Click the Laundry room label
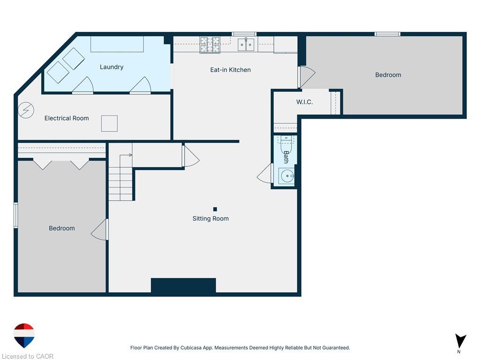click(x=112, y=67)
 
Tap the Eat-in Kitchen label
click(x=230, y=70)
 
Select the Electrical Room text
click(x=67, y=118)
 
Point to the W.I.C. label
click(x=304, y=102)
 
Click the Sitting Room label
click(x=210, y=218)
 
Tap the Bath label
click(x=286, y=157)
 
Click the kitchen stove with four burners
click(x=210, y=45)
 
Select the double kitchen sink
click(x=246, y=45)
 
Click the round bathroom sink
click(x=287, y=176)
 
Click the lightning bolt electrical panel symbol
click(x=26, y=110)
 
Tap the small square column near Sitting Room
click(x=215, y=210)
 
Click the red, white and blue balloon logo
click(x=24, y=335)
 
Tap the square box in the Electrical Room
click(x=109, y=123)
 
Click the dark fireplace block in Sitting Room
click(x=183, y=285)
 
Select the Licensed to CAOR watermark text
click(x=28, y=356)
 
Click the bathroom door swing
click(x=264, y=173)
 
